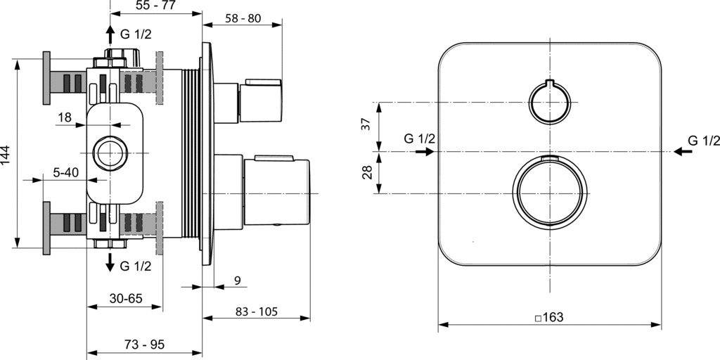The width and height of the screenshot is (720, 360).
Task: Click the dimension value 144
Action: click(x=7, y=155)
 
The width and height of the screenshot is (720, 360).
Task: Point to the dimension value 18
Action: click(x=64, y=118)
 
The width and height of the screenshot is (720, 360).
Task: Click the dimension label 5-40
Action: click(x=65, y=172)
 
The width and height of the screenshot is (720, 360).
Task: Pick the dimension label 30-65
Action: click(x=126, y=298)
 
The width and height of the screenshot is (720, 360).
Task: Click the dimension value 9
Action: click(x=237, y=281)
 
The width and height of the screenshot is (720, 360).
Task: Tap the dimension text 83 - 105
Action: click(x=257, y=310)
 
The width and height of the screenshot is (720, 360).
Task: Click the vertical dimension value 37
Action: click(x=365, y=125)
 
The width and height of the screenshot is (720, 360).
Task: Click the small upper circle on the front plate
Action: click(x=549, y=103)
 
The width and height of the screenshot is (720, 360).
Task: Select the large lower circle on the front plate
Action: click(x=549, y=193)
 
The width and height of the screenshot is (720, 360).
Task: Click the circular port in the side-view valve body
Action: click(x=110, y=150)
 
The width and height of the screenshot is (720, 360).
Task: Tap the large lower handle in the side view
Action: click(x=274, y=192)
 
